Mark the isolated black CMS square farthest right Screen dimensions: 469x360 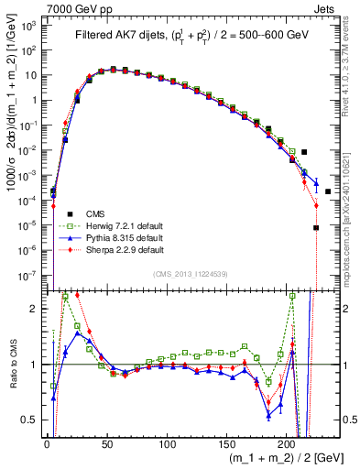[x=328, y=191]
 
